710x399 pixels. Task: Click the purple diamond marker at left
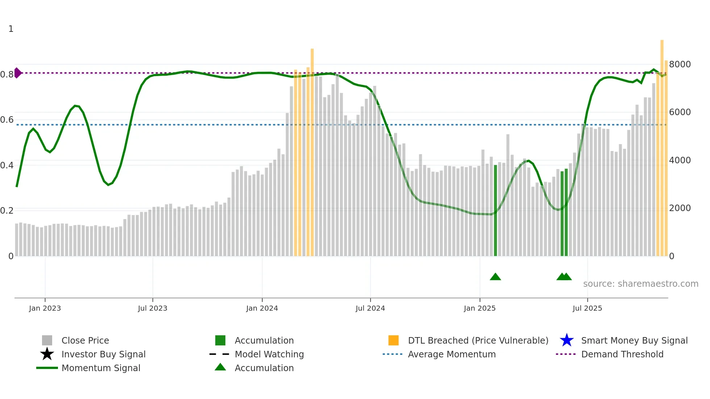point(17,73)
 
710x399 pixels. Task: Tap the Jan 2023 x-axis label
point(45,308)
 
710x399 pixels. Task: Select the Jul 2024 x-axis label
point(370,308)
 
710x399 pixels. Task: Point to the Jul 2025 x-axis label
point(587,308)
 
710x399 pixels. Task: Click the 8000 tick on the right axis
point(680,64)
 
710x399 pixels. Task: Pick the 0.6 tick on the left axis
point(7,120)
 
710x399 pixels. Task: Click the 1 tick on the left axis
point(11,29)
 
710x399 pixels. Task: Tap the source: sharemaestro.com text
point(640,284)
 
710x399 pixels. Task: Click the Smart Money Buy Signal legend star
point(567,340)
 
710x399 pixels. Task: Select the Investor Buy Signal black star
point(47,354)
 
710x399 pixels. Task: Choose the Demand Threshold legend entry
point(622,354)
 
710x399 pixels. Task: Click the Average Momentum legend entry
point(451,354)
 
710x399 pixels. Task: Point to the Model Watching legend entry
point(269,354)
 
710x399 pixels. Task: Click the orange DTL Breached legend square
point(393,340)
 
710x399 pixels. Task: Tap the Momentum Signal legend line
point(47,368)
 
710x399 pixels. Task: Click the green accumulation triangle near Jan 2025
point(495,277)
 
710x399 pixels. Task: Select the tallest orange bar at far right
point(662,145)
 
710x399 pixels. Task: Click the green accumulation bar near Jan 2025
point(496,210)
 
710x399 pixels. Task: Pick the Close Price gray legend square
point(47,340)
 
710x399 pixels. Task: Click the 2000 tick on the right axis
point(680,208)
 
